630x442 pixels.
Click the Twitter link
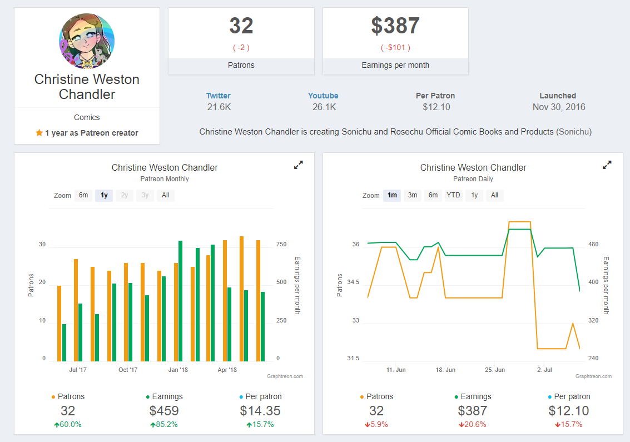coord(218,96)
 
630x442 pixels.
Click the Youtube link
coord(323,96)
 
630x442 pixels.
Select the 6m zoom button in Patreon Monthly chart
coord(83,195)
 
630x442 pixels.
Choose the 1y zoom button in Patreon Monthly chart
coord(104,195)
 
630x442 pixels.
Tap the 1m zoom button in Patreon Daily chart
coord(392,195)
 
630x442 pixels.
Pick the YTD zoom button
coord(453,195)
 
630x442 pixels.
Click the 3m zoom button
coord(413,195)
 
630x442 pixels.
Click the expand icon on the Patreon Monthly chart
coord(299,165)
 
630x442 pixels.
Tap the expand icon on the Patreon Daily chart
coord(607,165)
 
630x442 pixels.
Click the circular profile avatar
coord(87,41)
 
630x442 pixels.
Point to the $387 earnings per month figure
coord(395,26)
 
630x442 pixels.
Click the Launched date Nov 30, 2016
coord(559,107)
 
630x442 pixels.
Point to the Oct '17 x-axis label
coord(128,370)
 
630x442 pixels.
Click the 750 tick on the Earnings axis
coord(281,244)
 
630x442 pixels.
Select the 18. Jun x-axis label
coord(445,370)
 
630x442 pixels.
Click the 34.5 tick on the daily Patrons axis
coord(353,282)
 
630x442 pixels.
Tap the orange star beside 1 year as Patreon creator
coord(39,132)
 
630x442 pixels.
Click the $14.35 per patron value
coord(260,411)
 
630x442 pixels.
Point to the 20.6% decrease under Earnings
coord(473,424)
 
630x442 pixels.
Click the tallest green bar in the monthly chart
coord(180,301)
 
